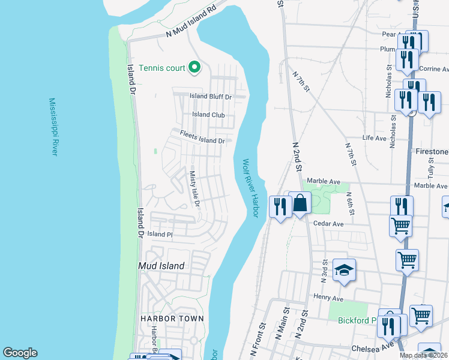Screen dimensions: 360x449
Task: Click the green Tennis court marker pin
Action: coord(194,68)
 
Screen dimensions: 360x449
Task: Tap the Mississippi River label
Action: coord(53,127)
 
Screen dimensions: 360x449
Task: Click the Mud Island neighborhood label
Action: coord(161,265)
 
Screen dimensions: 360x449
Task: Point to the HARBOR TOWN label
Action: coord(172,319)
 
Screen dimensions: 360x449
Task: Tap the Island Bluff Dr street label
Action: coord(211,97)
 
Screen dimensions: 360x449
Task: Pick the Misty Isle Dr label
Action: coord(194,188)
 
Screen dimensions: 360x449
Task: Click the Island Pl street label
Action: coord(160,234)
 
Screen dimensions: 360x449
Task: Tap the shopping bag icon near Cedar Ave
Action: coord(300,204)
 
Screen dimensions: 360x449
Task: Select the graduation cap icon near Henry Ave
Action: coord(345,271)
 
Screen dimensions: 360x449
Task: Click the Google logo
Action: coord(20,353)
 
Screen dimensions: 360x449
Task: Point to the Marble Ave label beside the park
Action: coord(324,181)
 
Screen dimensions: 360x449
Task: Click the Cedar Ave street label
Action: coord(328,224)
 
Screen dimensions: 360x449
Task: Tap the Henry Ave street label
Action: coord(328,298)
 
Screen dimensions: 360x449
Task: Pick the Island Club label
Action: coord(208,115)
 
